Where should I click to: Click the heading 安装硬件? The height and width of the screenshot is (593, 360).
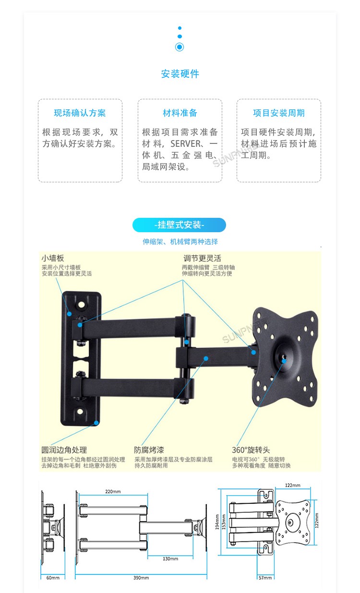(x=180, y=74)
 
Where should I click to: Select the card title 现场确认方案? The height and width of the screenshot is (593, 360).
(x=80, y=113)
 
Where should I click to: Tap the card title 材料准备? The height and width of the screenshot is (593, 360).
(x=180, y=113)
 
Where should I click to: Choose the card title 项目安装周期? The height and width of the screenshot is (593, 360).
(x=279, y=113)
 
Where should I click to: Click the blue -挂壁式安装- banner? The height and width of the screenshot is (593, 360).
(x=179, y=225)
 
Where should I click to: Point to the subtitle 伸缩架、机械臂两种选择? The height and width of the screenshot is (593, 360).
(x=180, y=242)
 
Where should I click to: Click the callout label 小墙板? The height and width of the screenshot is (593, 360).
(x=53, y=258)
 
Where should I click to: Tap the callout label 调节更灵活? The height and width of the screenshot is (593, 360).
(x=202, y=258)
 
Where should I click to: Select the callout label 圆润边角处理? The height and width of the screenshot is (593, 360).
(x=64, y=450)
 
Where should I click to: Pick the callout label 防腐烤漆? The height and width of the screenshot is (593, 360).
(x=149, y=450)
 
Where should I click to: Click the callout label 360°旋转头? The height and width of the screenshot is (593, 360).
(x=251, y=450)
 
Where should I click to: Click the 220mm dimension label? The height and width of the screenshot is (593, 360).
(x=113, y=492)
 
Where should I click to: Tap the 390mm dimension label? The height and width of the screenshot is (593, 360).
(x=141, y=578)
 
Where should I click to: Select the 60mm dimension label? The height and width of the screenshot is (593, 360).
(x=53, y=578)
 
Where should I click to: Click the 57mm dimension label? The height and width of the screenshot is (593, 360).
(x=265, y=578)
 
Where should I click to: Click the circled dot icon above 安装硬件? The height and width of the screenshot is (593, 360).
(x=180, y=47)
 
